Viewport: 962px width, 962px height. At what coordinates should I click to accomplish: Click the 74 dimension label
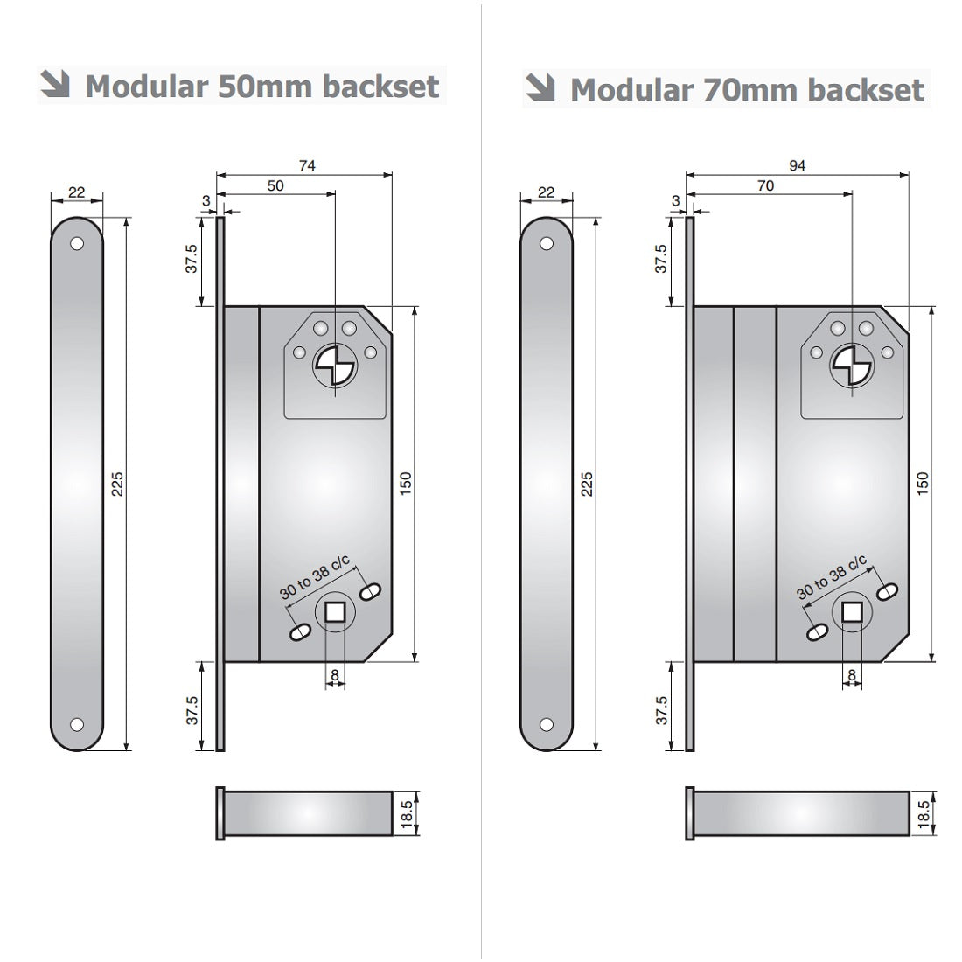pyautogui.click(x=306, y=165)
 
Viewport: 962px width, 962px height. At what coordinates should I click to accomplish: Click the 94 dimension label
pyautogui.click(x=797, y=165)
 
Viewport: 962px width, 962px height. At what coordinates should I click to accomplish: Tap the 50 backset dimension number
pyautogui.click(x=275, y=185)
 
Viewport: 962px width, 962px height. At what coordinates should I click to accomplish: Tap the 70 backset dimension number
pyautogui.click(x=766, y=185)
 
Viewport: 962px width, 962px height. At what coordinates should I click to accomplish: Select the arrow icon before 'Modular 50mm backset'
pyautogui.click(x=56, y=85)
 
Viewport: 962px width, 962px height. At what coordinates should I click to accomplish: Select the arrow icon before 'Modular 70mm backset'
pyautogui.click(x=540, y=87)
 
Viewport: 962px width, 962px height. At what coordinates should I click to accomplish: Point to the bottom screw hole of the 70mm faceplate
pyautogui.click(x=547, y=724)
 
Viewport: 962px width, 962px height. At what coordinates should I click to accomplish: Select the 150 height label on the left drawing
pyautogui.click(x=406, y=484)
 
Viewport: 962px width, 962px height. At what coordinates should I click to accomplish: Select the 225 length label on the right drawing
pyautogui.click(x=588, y=484)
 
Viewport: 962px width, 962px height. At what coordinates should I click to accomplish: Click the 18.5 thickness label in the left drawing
pyautogui.click(x=408, y=813)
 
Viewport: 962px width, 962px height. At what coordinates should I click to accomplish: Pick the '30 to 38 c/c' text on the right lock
pyautogui.click(x=831, y=578)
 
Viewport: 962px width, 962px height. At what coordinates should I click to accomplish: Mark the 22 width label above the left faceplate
pyautogui.click(x=77, y=192)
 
